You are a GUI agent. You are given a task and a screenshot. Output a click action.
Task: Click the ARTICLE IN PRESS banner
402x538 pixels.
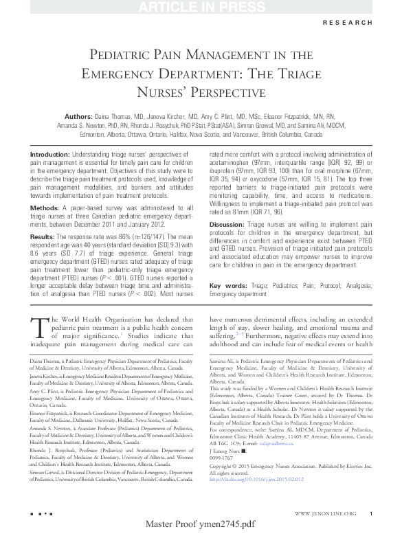[201, 8]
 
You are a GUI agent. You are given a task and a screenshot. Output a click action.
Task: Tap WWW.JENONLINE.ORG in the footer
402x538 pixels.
[324, 514]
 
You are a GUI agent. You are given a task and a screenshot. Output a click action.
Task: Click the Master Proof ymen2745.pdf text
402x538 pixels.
[201, 526]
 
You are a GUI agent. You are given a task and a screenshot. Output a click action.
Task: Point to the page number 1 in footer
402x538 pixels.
[370, 514]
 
